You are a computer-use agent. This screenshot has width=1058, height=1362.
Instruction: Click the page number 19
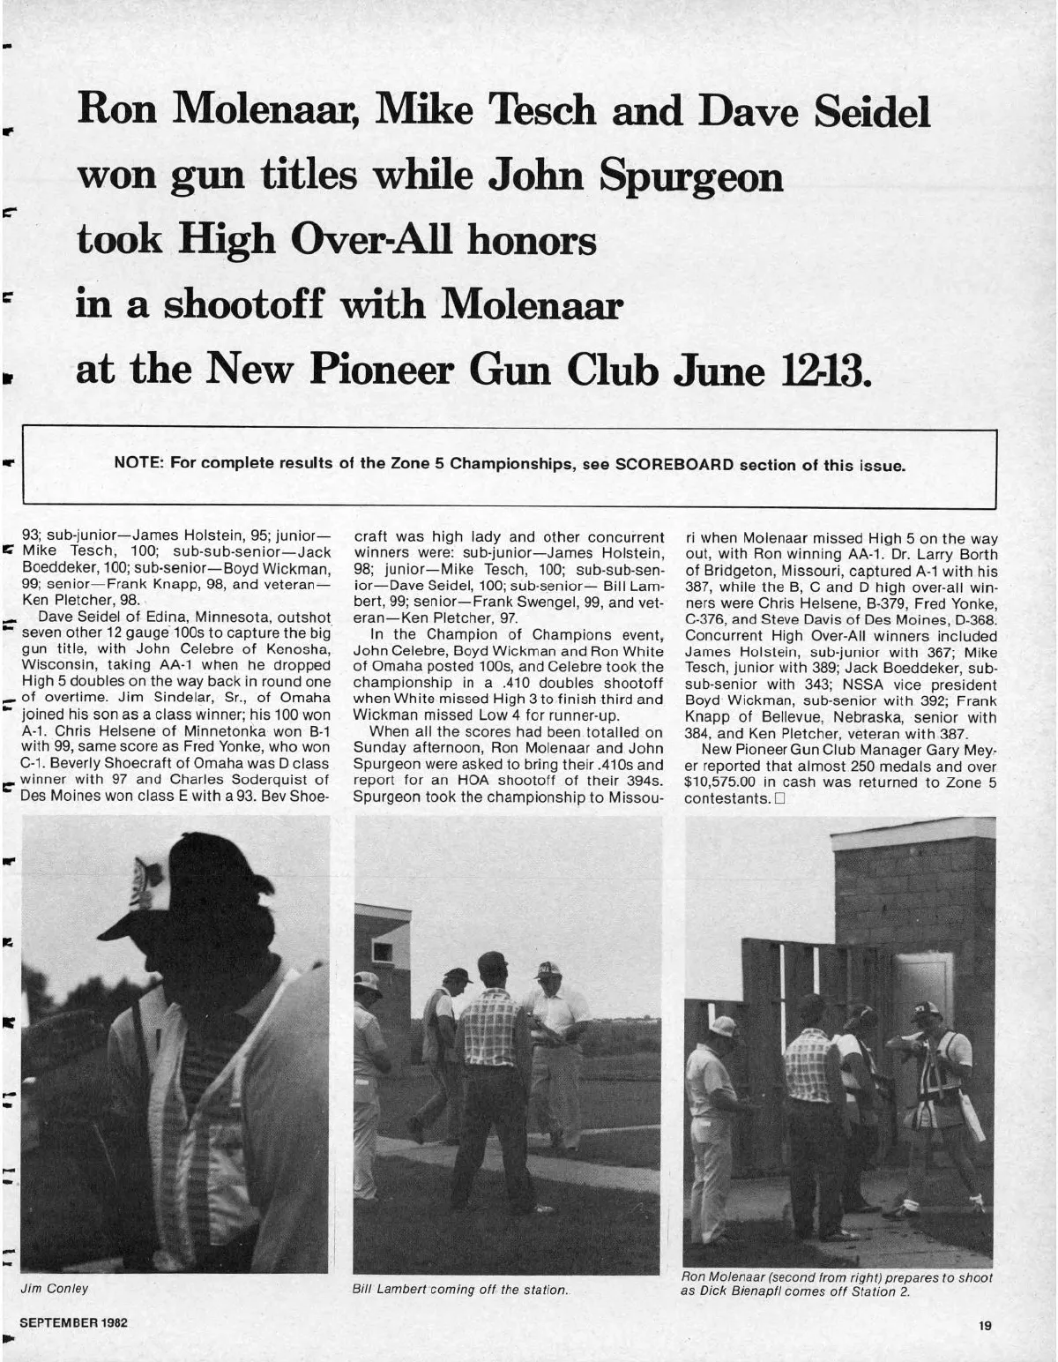tap(985, 1326)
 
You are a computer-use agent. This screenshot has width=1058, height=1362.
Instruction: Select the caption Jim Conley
tap(55, 1289)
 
